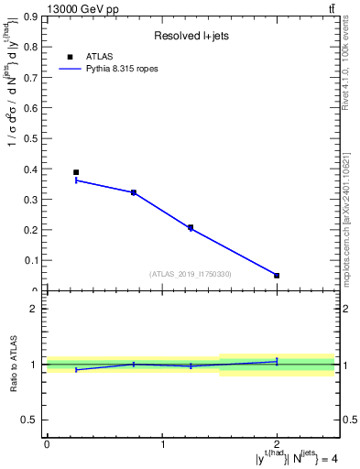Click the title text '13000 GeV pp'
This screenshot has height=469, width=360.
tap(82, 9)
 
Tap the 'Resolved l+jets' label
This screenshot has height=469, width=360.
tap(191, 36)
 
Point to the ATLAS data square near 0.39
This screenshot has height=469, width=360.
tap(76, 172)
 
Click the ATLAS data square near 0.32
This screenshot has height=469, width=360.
tap(134, 192)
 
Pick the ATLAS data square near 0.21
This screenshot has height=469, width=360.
tap(191, 227)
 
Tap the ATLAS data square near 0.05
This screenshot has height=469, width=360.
tap(277, 275)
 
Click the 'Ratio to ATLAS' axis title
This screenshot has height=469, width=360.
tap(12, 365)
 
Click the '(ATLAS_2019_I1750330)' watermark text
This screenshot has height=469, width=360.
tap(191, 274)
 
